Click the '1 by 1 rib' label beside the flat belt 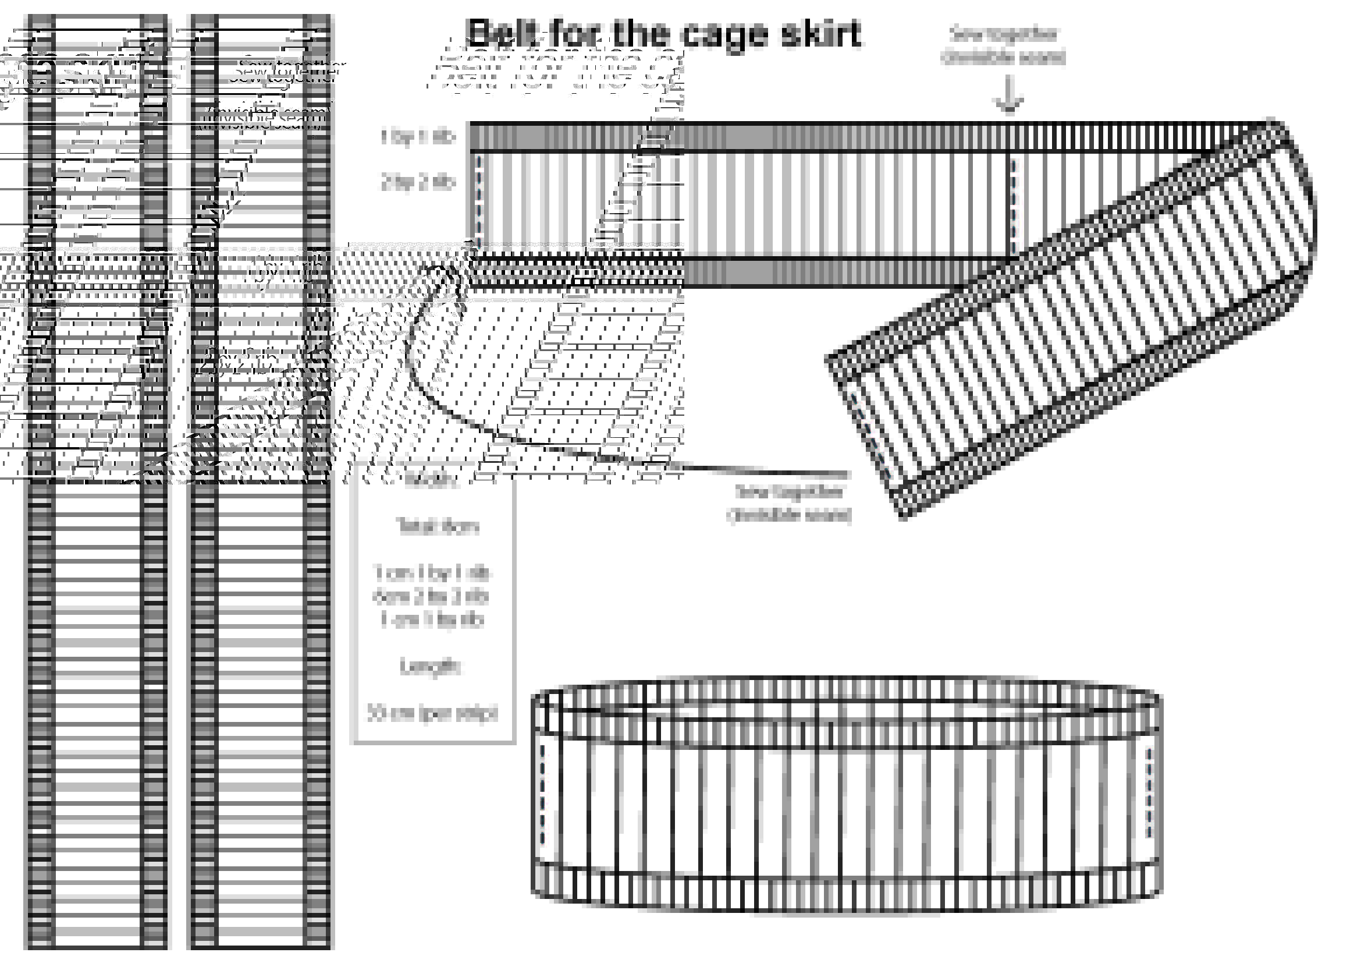coord(418,137)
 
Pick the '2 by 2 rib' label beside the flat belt coord(418,183)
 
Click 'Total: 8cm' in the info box coord(438,526)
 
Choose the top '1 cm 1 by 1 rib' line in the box coord(432,573)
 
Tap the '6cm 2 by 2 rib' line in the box coord(432,597)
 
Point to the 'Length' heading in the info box coord(431,667)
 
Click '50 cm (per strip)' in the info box coord(433,713)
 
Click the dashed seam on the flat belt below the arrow coord(1014,204)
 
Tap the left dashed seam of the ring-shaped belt coord(543,795)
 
